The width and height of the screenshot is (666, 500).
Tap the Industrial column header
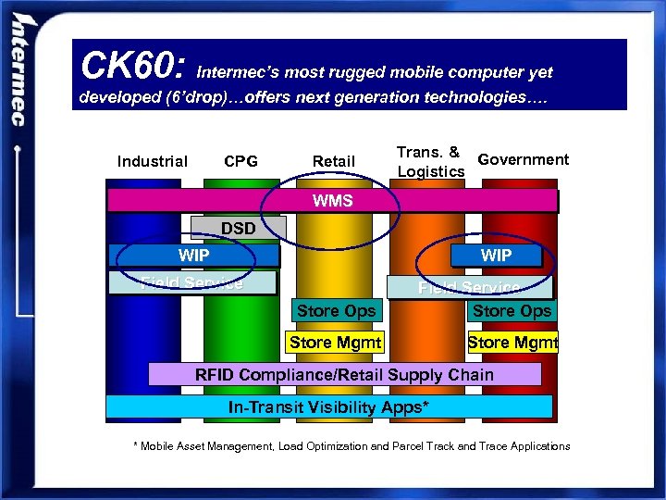(x=153, y=162)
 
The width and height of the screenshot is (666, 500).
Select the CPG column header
(x=241, y=162)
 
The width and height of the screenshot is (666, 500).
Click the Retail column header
(x=333, y=162)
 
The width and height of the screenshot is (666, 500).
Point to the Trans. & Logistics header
(x=430, y=161)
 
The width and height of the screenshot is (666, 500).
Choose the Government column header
(x=524, y=159)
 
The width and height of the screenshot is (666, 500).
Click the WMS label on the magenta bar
(x=333, y=201)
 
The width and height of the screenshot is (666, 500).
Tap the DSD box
(x=239, y=228)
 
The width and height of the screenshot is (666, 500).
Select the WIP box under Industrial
(x=193, y=255)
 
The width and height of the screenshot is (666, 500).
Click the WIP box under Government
(x=496, y=255)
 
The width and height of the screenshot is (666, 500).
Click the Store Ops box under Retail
(x=336, y=311)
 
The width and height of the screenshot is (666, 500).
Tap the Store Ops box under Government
(x=512, y=311)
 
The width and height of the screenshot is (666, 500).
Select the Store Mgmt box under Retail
(x=335, y=343)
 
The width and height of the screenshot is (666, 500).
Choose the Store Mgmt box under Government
(x=512, y=343)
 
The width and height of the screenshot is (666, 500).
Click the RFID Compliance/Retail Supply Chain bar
(x=344, y=374)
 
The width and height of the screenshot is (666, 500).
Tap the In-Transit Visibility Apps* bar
(x=329, y=407)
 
